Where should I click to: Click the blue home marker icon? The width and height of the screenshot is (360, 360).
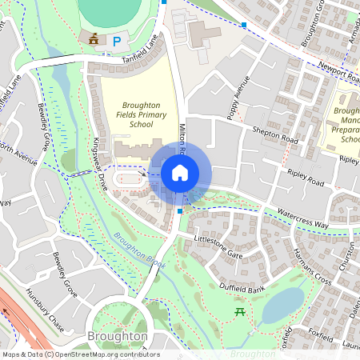(180, 173)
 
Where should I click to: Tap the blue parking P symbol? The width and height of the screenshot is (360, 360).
(118, 40)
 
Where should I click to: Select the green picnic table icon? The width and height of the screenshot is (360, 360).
(238, 311)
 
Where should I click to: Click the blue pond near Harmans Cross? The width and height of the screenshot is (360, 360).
(283, 304)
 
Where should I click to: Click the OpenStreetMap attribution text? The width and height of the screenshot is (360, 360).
(80, 354)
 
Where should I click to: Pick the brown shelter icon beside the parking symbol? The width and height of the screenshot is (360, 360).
(95, 38)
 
